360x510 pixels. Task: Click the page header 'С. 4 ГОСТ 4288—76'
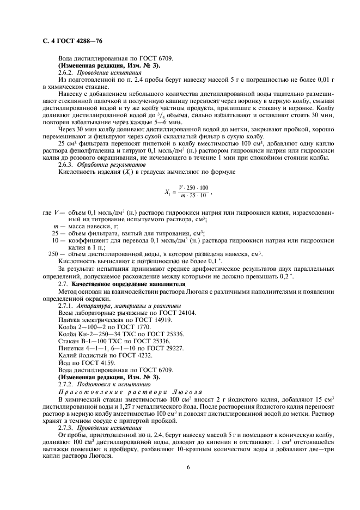72,41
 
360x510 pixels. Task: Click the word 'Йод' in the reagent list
64,362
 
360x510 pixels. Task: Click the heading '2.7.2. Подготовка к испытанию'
102,384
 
